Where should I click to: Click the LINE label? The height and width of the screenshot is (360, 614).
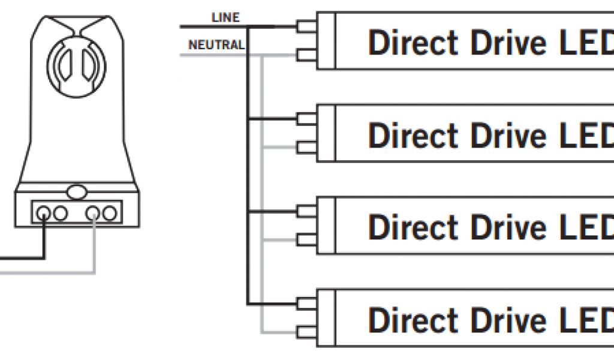click(225, 17)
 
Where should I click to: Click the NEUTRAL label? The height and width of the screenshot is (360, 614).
click(216, 45)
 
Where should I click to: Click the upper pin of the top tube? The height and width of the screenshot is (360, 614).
click(305, 26)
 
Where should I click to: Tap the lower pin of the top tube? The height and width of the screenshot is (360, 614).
click(305, 56)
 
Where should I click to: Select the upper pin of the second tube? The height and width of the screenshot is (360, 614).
click(305, 118)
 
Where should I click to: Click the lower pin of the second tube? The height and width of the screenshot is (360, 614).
click(305, 148)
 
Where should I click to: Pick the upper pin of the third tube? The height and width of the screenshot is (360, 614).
click(305, 211)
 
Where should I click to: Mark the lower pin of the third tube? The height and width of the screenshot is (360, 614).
click(305, 240)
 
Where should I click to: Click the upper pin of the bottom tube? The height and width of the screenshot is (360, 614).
click(305, 302)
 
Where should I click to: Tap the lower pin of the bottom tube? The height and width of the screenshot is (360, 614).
click(305, 332)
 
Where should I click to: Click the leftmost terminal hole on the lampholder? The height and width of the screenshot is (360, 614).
click(44, 212)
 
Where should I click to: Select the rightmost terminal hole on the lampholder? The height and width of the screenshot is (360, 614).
click(109, 212)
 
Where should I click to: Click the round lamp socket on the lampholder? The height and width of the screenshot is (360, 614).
click(76, 66)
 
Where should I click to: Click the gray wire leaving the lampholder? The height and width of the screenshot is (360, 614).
click(48, 272)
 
